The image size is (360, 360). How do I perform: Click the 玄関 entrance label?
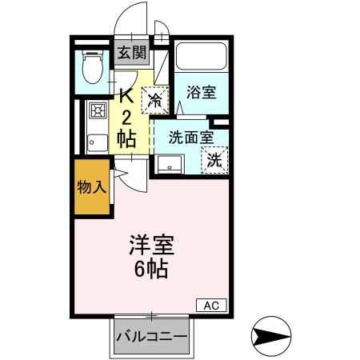coord(133,54)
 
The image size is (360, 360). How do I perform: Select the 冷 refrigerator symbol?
coord(155,99)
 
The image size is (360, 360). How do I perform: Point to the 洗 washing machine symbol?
coord(214,159)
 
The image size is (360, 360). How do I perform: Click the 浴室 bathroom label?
coord(201,92)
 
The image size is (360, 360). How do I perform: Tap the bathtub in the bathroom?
coord(200,57)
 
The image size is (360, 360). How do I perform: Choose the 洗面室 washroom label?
coord(190,136)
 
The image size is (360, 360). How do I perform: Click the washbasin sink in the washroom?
coord(170,164)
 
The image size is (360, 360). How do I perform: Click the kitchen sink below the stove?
coord(97,142)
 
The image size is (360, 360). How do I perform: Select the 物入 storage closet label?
coord(91,187)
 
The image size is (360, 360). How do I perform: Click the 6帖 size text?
coord(150,269)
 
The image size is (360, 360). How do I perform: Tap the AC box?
coord(212,305)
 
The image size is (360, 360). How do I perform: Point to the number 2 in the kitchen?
coord(126,117)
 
